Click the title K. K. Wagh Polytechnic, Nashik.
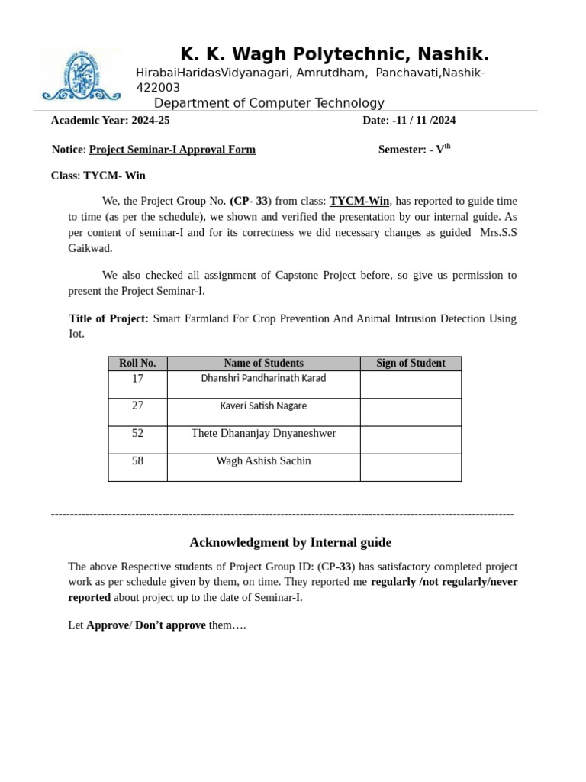pos(334,54)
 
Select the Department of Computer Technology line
pos(269,103)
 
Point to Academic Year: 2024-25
pos(110,120)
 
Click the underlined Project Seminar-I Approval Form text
pos(172,150)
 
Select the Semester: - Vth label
pos(414,150)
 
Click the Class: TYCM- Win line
pos(98,176)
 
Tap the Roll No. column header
pos(137,364)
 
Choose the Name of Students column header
pos(263,364)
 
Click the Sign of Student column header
pos(411,364)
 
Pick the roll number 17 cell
pos(137,379)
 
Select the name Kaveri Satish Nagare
pos(263,406)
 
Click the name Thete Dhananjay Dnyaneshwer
pos(263,434)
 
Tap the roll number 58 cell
pos(137,461)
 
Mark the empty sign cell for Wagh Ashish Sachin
pos(411,467)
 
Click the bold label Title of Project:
pos(108,318)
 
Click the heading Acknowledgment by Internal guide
pos(290,542)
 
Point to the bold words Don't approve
pos(170,625)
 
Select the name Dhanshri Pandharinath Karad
pos(263,379)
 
